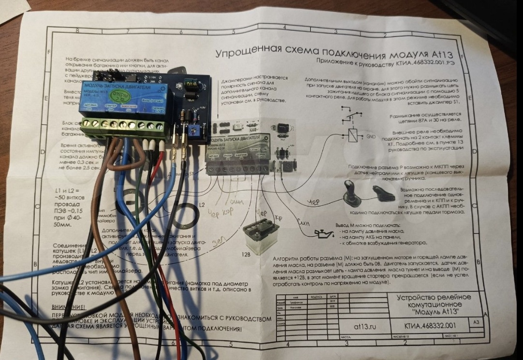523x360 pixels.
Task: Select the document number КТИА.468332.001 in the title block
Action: pos(430,325)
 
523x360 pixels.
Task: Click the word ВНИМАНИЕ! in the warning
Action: pos(68,307)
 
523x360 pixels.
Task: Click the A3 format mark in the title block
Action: pos(477,321)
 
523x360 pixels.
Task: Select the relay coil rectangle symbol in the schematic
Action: pos(353,135)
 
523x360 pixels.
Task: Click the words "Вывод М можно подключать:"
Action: pos(367,225)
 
